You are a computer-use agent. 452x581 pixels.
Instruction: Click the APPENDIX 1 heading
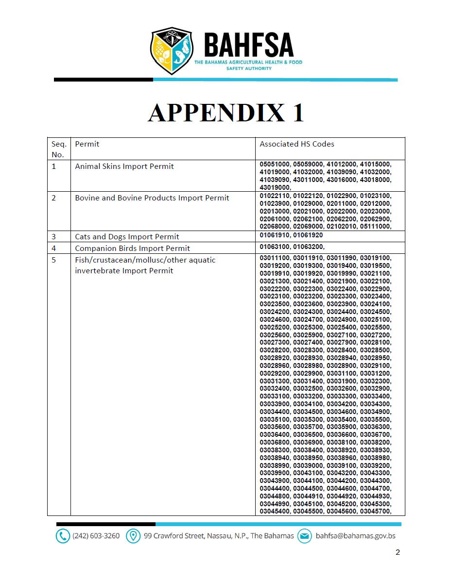(x=226, y=113)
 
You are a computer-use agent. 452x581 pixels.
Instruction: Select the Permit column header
(x=87, y=144)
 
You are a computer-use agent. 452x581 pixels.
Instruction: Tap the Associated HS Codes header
(x=296, y=144)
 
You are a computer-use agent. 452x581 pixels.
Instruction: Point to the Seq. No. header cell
(x=58, y=149)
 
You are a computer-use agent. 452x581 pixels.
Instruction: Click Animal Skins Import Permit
(x=124, y=166)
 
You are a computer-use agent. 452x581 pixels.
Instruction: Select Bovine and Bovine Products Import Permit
(x=152, y=198)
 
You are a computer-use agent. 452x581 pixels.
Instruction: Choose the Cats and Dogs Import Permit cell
(x=127, y=237)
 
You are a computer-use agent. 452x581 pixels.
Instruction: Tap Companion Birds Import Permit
(x=132, y=249)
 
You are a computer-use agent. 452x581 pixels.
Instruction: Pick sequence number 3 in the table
(x=54, y=237)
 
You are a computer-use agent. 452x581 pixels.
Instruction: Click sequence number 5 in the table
(x=54, y=260)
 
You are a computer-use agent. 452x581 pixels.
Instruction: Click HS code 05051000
(x=275, y=165)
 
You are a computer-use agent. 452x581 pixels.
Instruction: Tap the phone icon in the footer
(x=63, y=536)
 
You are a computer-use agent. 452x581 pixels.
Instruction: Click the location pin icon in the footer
(x=133, y=536)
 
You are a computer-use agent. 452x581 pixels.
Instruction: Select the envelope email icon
(x=304, y=536)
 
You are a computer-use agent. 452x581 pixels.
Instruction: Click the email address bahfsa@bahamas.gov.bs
(x=355, y=536)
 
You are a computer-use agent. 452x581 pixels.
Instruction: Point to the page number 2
(x=398, y=552)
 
